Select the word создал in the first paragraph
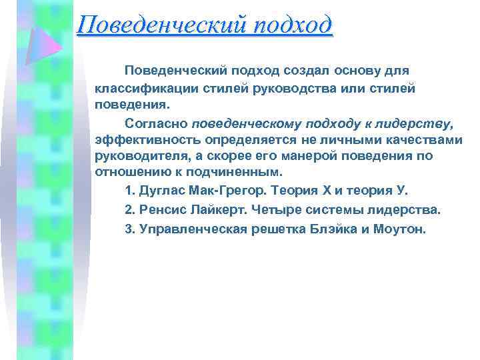(x=282, y=70)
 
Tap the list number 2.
(x=129, y=210)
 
